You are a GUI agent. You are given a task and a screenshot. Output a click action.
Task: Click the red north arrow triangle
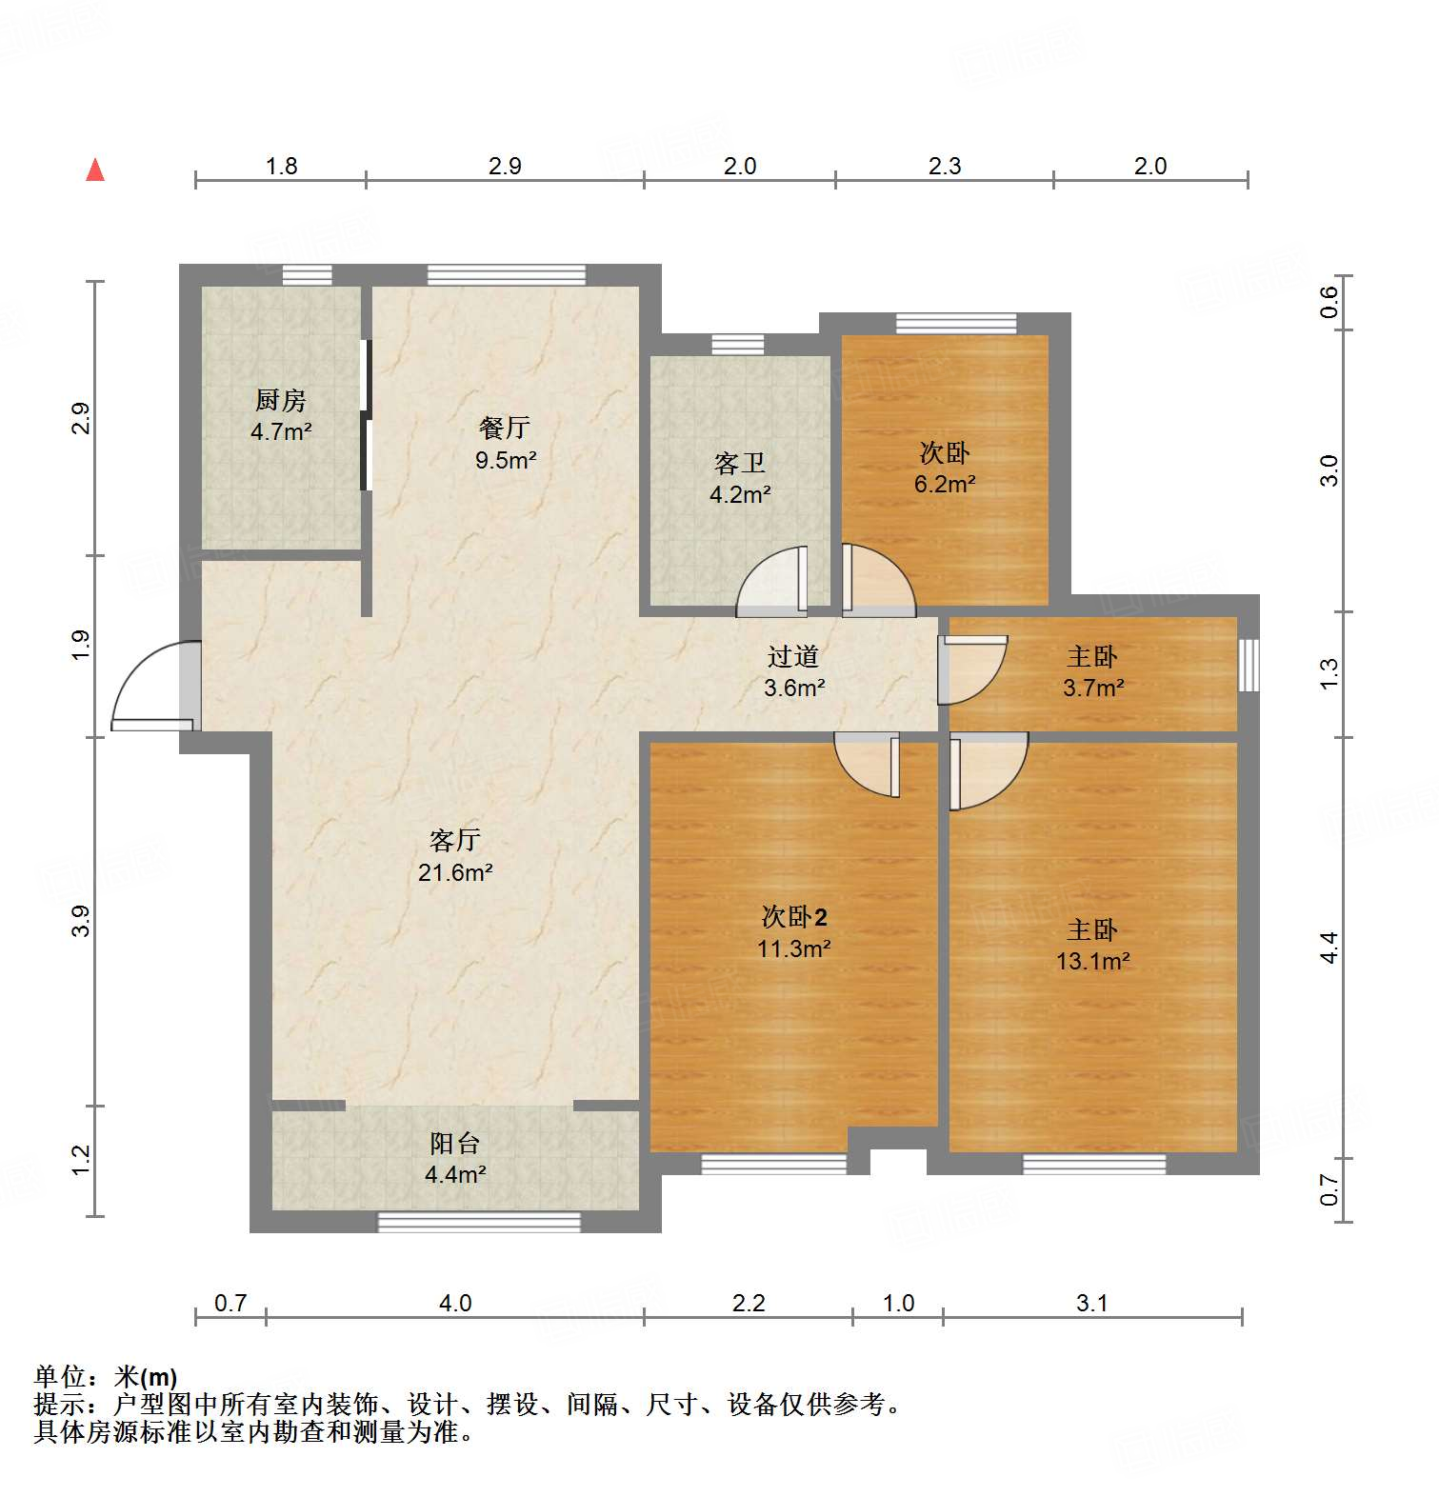[95, 170]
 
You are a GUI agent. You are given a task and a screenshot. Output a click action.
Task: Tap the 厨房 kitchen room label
[281, 401]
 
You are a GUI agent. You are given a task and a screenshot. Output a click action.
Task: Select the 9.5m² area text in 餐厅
[506, 461]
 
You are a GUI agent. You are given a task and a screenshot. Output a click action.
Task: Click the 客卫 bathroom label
[739, 464]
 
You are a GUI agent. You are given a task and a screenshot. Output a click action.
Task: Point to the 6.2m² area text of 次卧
[945, 484]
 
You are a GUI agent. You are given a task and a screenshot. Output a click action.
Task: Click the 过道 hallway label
[792, 656]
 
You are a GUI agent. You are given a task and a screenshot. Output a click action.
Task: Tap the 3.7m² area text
[1093, 688]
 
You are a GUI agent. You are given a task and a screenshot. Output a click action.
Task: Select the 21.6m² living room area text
[455, 872]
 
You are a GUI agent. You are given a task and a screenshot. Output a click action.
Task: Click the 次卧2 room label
[794, 917]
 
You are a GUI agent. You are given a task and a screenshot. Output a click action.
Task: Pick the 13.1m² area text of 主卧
[1092, 962]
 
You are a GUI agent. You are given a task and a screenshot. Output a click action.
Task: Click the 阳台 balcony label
[454, 1143]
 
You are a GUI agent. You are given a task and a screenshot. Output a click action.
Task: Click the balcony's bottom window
[479, 1222]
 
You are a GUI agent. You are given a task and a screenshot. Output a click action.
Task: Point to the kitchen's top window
[308, 275]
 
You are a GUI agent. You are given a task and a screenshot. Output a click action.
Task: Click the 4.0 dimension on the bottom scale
[455, 1303]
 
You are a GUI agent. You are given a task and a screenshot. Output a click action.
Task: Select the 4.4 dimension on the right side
[1329, 948]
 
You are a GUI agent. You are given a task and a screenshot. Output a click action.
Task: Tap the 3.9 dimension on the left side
[82, 920]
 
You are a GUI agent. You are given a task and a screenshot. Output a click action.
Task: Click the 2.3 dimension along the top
[945, 167]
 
